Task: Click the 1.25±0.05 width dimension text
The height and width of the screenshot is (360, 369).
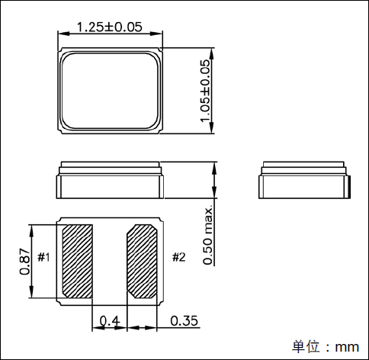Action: click(x=111, y=27)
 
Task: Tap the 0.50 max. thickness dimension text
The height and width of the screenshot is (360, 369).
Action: click(x=207, y=233)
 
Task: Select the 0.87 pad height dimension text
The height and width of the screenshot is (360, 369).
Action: click(x=24, y=262)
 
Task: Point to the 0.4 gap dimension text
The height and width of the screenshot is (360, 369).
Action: click(x=110, y=320)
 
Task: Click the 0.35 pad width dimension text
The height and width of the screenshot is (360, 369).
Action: click(x=184, y=320)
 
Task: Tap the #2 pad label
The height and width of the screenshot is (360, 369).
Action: click(x=178, y=257)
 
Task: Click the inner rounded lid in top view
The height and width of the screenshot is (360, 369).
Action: click(x=111, y=91)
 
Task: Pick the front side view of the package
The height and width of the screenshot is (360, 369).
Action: click(x=111, y=181)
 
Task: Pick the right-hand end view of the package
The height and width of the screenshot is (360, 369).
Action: click(x=305, y=181)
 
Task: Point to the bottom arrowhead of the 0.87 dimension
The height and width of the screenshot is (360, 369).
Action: click(x=32, y=297)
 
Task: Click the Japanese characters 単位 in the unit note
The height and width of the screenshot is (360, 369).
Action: click(x=306, y=347)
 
